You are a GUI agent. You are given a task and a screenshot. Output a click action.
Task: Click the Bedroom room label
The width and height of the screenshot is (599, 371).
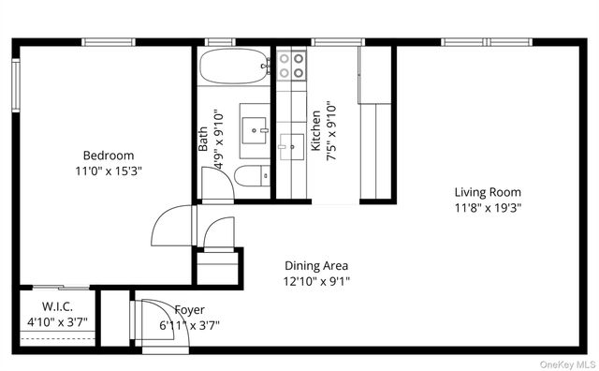click(x=108, y=156)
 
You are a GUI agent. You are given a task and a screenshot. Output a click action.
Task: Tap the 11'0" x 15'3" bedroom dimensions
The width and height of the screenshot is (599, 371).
click(x=108, y=171)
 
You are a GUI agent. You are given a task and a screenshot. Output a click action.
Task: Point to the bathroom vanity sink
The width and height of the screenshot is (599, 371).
click(x=254, y=126)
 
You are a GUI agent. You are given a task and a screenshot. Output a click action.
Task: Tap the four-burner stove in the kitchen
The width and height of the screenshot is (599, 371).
click(x=291, y=65)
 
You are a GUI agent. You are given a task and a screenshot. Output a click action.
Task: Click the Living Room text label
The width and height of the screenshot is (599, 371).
click(x=488, y=192)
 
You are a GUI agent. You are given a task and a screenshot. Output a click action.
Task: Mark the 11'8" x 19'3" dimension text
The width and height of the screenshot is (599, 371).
click(x=488, y=208)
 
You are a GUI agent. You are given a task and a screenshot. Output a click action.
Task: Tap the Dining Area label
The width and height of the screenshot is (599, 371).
click(x=316, y=265)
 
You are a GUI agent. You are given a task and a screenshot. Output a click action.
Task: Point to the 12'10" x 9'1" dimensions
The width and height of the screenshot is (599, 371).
click(x=316, y=281)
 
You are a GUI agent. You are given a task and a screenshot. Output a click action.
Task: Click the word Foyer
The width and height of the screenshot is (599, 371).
click(x=189, y=310)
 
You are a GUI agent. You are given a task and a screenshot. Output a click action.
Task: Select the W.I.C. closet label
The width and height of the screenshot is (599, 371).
click(x=57, y=307)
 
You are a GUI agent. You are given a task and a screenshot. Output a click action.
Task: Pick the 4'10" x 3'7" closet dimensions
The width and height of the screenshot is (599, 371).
click(x=57, y=323)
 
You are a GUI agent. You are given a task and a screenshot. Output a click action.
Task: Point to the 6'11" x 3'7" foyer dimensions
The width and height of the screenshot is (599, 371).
click(x=189, y=326)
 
